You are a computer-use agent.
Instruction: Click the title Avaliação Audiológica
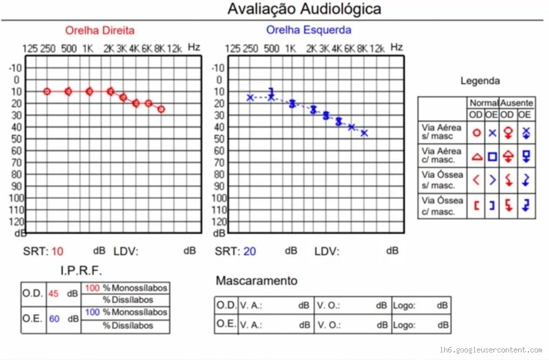pos(304,10)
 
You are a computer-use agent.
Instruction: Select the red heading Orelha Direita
pos(100,31)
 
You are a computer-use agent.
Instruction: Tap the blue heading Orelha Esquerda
pos(308,30)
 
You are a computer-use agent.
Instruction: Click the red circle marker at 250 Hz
pos(47,91)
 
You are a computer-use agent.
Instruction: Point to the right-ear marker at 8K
pos(161,109)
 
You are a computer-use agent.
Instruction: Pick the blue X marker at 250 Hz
pos(250,97)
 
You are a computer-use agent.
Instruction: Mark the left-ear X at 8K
pos(364,132)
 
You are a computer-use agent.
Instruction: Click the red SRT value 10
pos(57,251)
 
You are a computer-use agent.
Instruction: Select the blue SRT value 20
pos(249,251)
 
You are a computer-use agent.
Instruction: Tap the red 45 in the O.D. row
pos(54,294)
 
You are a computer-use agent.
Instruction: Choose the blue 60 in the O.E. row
pos(54,318)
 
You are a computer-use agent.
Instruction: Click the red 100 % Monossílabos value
pos(92,288)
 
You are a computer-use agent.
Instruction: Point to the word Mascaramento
pos(257,281)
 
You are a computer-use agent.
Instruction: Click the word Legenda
pos(480,81)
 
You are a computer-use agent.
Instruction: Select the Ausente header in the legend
pos(516,101)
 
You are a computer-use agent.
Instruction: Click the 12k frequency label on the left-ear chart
pos(377,49)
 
